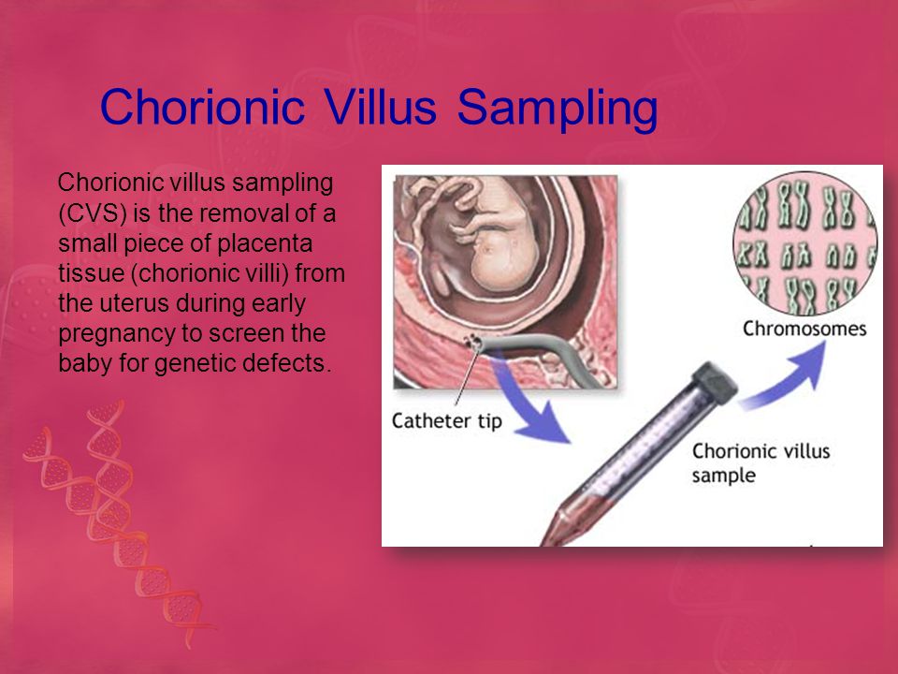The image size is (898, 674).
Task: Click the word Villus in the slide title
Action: pyautogui.click(x=381, y=107)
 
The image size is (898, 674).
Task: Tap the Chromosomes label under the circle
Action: pyautogui.click(x=804, y=329)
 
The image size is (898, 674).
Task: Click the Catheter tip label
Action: pyautogui.click(x=447, y=421)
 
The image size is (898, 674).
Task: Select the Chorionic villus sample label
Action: pyautogui.click(x=760, y=463)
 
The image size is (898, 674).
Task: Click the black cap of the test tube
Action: pyautogui.click(x=715, y=380)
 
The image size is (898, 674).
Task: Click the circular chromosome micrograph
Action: pyautogui.click(x=805, y=243)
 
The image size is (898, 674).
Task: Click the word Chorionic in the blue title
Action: pyautogui.click(x=202, y=107)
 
